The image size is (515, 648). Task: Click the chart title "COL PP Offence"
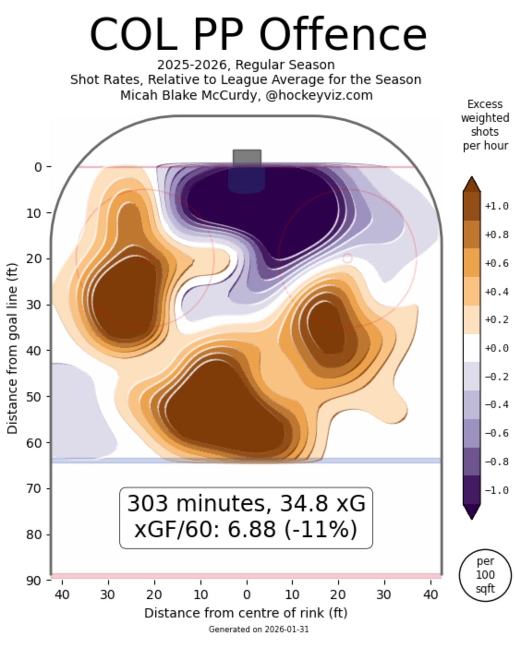[258, 35]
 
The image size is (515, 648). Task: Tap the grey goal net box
[247, 157]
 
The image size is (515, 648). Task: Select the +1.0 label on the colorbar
[497, 206]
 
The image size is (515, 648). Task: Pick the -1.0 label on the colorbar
[497, 490]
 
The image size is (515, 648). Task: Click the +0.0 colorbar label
[497, 348]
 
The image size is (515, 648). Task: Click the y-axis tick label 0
[38, 167]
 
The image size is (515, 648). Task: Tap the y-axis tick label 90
[34, 580]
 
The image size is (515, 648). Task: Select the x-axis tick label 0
[247, 594]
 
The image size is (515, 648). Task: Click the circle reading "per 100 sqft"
[485, 575]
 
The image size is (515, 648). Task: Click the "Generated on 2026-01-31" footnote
[258, 629]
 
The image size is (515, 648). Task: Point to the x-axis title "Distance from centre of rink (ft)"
[246, 613]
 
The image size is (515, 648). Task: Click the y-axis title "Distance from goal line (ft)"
[12, 348]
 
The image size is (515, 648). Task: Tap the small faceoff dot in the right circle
[347, 258]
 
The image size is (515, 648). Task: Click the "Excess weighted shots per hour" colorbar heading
[485, 125]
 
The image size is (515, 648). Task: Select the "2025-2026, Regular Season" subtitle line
[246, 65]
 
